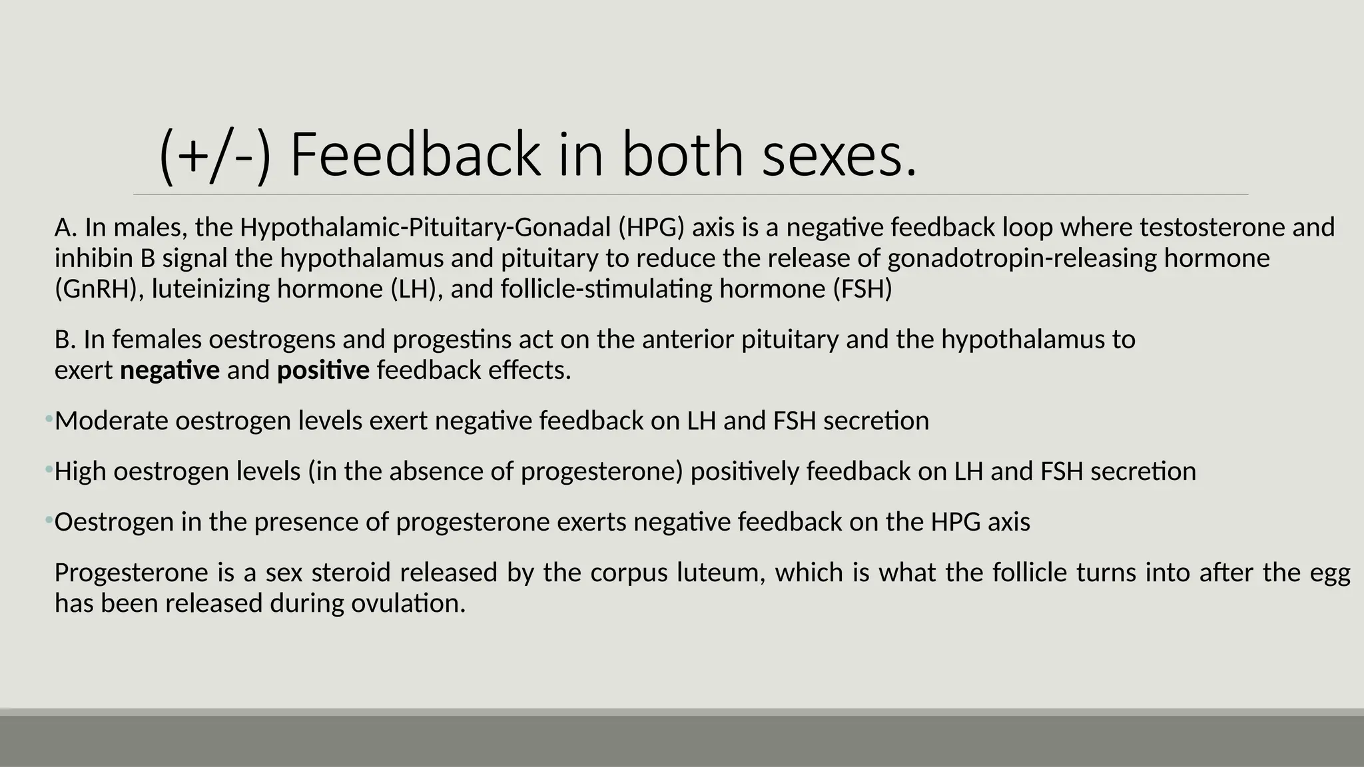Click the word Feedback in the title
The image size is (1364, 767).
point(416,154)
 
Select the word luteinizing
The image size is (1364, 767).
point(210,289)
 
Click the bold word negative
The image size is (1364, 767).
point(169,370)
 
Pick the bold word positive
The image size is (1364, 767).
point(323,370)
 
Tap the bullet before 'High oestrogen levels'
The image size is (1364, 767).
point(49,470)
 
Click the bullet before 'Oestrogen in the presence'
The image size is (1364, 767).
point(49,520)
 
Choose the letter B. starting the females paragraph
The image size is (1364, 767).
point(65,340)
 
